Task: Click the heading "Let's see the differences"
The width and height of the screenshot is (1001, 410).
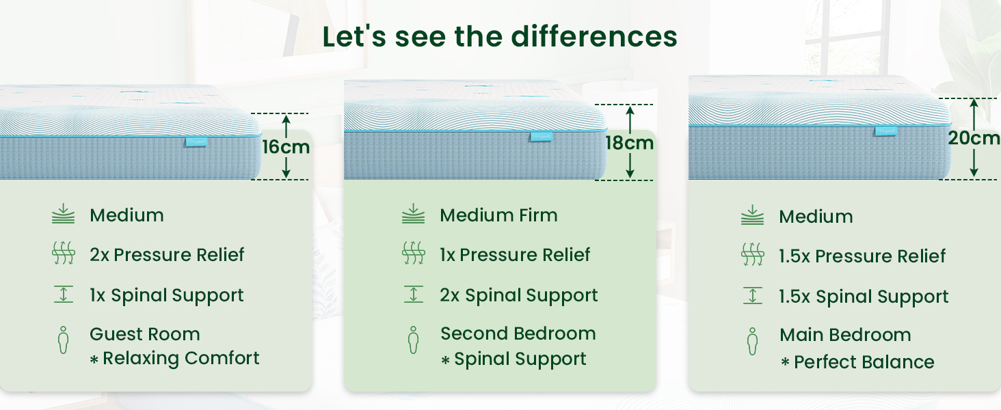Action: click(500, 36)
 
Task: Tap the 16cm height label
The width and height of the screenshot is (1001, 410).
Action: click(286, 147)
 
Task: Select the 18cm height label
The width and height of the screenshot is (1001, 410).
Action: click(629, 143)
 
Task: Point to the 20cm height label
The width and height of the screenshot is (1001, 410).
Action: click(973, 138)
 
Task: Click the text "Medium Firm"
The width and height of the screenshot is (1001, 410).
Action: click(498, 215)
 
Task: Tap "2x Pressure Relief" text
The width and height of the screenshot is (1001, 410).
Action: click(167, 255)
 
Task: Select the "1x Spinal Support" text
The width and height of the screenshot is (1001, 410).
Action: click(167, 295)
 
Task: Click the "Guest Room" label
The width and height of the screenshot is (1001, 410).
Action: click(145, 334)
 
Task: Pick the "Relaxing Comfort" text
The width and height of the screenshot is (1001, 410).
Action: click(181, 358)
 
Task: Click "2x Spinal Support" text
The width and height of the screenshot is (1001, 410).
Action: click(519, 295)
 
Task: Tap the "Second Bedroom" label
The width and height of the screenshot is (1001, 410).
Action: click(518, 333)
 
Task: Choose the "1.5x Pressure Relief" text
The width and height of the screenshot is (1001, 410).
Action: click(862, 256)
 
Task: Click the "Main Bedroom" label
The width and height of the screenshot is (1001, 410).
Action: click(846, 335)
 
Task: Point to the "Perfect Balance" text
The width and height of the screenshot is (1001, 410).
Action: click(864, 362)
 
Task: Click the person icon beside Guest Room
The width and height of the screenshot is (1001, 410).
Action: click(63, 340)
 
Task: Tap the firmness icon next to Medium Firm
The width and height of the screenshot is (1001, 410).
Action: click(414, 213)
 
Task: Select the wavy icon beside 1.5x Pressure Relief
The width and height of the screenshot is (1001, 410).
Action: click(753, 255)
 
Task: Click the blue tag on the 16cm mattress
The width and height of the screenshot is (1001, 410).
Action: click(196, 142)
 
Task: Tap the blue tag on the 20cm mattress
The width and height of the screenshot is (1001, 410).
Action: click(885, 131)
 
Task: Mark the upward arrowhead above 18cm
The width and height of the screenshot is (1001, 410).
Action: click(630, 110)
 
